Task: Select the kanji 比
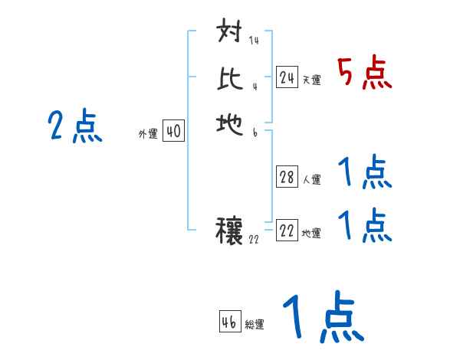230,79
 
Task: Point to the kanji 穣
230,230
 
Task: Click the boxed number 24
287,77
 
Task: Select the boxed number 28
287,178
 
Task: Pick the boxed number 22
287,231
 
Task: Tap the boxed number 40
173,132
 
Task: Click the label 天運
311,80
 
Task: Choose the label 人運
311,180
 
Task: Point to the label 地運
311,233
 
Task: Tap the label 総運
255,324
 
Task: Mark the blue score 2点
75,126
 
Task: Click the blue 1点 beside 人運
365,173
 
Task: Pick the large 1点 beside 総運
322,318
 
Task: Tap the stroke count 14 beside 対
253,41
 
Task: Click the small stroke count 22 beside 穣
255,239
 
